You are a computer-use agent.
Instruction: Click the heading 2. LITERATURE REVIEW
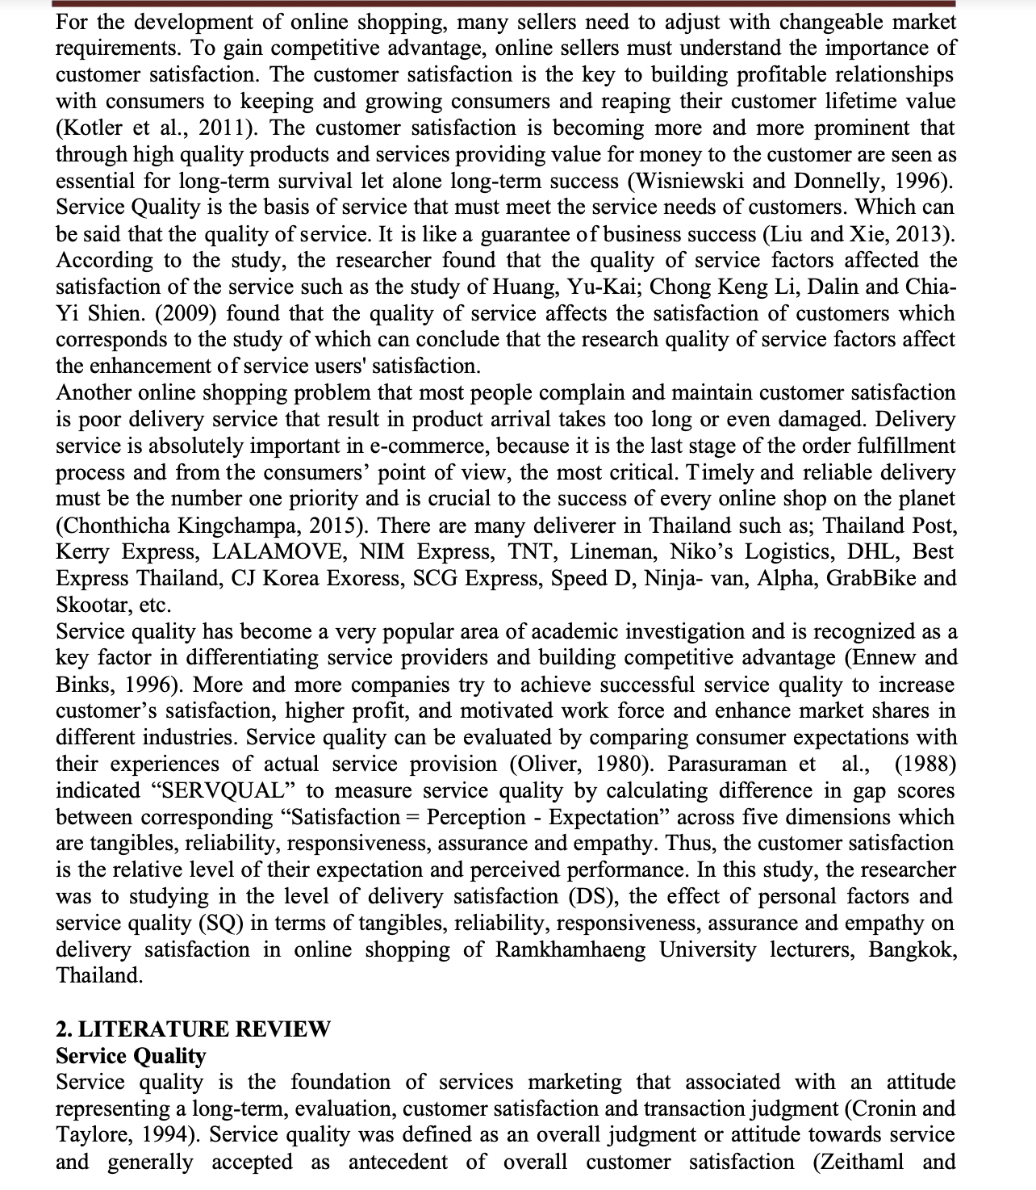193,1029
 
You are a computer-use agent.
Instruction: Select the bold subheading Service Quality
131,1056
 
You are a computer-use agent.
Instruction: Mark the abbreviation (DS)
592,897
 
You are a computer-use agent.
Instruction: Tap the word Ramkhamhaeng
570,950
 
